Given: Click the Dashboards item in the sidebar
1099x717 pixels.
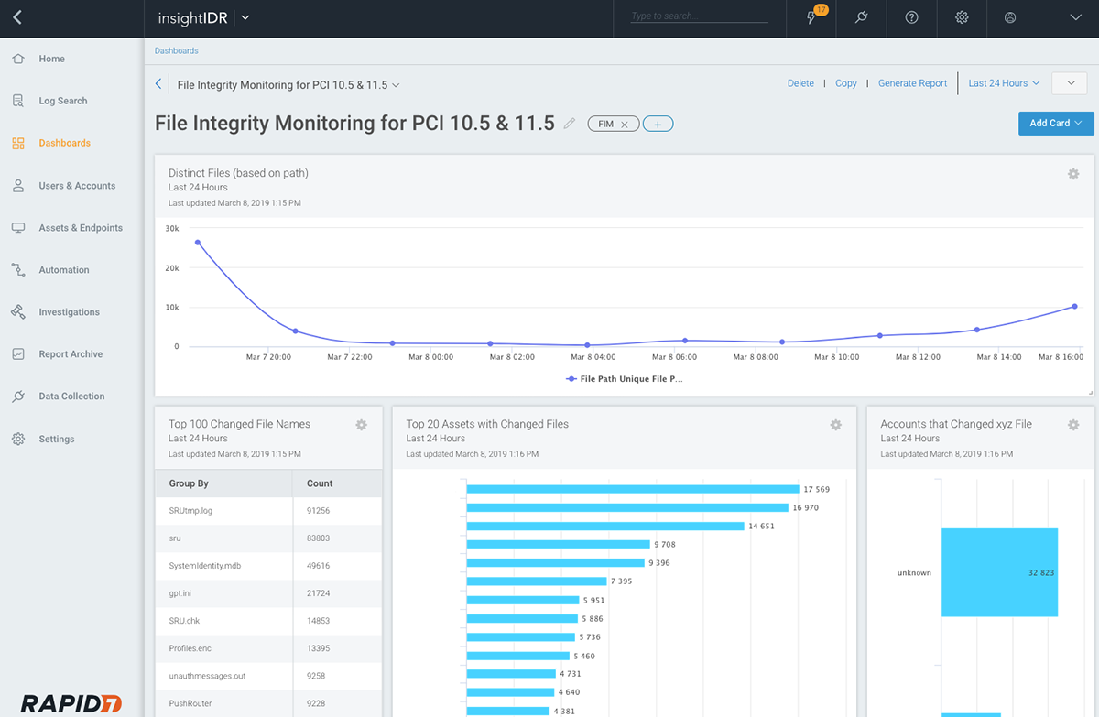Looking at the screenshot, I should click(64, 143).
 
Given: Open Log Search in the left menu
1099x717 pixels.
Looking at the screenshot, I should click(62, 101).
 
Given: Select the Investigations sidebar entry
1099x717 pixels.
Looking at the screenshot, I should click(69, 312).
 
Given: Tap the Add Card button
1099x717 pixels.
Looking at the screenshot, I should click(1055, 124).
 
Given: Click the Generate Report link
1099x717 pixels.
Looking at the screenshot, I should click(912, 83).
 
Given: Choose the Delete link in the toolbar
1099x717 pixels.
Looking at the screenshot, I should click(800, 83).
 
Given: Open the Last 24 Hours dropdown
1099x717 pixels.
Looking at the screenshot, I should click(1004, 83).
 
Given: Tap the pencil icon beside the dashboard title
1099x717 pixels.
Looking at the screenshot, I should click(570, 124).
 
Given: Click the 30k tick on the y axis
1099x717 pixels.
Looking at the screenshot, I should click(172, 229).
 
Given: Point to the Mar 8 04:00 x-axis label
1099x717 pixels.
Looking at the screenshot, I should click(593, 357).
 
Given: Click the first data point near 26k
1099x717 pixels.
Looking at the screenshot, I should click(197, 243).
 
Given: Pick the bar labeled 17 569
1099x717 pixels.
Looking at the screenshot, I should click(632, 489).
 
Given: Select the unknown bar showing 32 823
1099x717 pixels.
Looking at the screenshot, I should click(998, 572).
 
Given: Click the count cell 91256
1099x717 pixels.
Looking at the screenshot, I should click(319, 511).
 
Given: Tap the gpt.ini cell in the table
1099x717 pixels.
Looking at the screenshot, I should click(180, 593).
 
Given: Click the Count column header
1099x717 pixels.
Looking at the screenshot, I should click(320, 483).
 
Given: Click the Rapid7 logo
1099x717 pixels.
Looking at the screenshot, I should click(71, 703).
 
